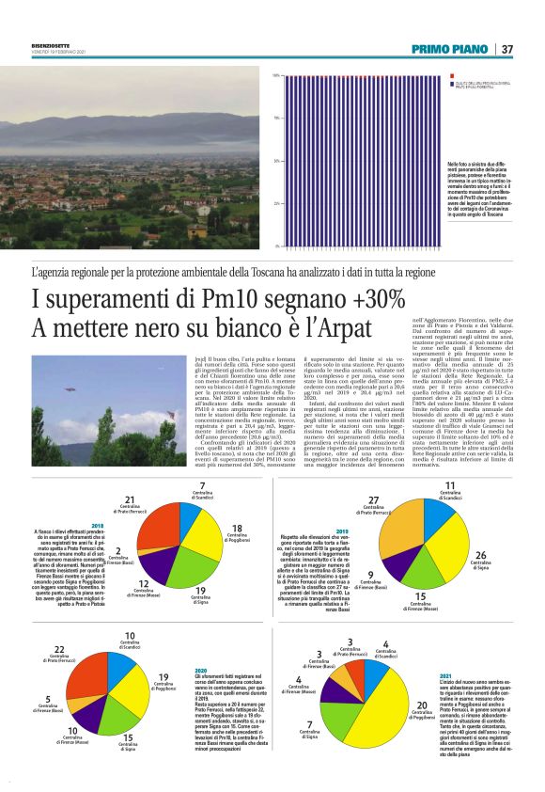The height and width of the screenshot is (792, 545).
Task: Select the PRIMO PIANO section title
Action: tap(450, 49)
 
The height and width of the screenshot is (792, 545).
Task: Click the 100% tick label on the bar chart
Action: tap(276, 75)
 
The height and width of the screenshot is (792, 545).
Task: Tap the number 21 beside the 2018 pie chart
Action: tap(132, 499)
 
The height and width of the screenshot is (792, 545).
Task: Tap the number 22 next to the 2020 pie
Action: tap(58, 650)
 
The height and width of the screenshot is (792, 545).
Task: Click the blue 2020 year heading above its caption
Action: tap(201, 669)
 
